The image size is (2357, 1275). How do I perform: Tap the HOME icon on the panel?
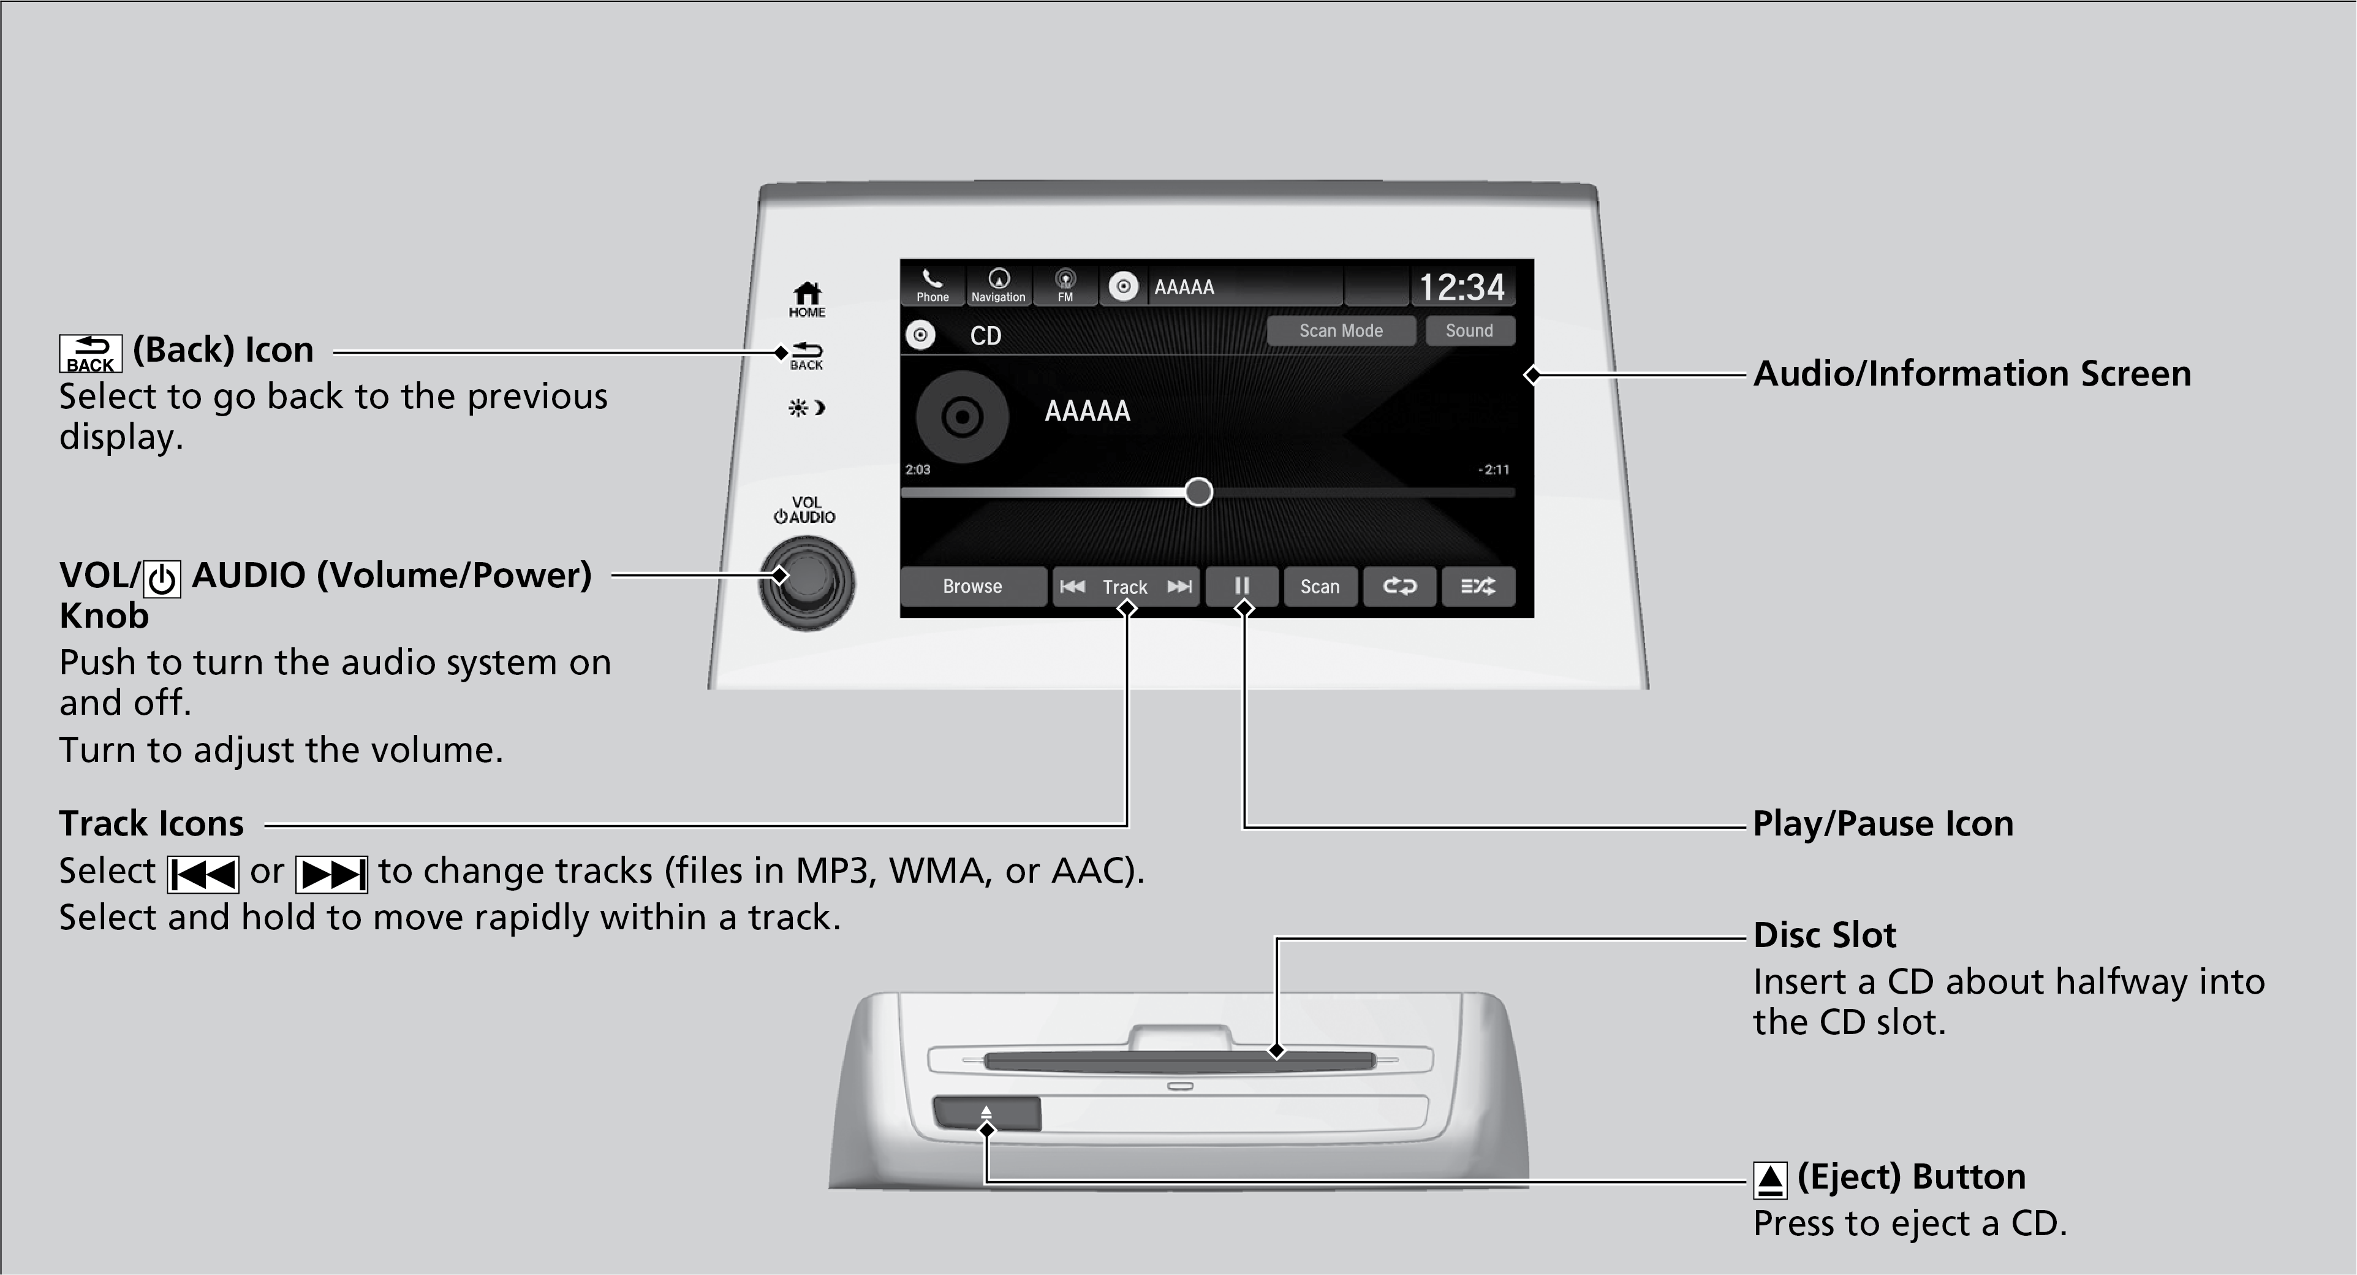[x=806, y=299]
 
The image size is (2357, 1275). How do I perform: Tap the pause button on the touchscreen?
[x=1242, y=587]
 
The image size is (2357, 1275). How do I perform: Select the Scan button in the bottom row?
[x=1319, y=587]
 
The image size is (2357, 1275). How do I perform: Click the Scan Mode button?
[x=1341, y=330]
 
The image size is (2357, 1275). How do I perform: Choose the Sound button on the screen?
[x=1469, y=330]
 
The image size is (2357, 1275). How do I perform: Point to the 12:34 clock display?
[x=1461, y=287]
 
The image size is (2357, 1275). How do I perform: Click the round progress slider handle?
[x=1198, y=492]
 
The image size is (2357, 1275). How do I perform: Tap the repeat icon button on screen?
[x=1399, y=587]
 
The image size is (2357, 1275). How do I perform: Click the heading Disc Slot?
[x=1825, y=935]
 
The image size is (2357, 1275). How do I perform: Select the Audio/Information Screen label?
[x=1972, y=373]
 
